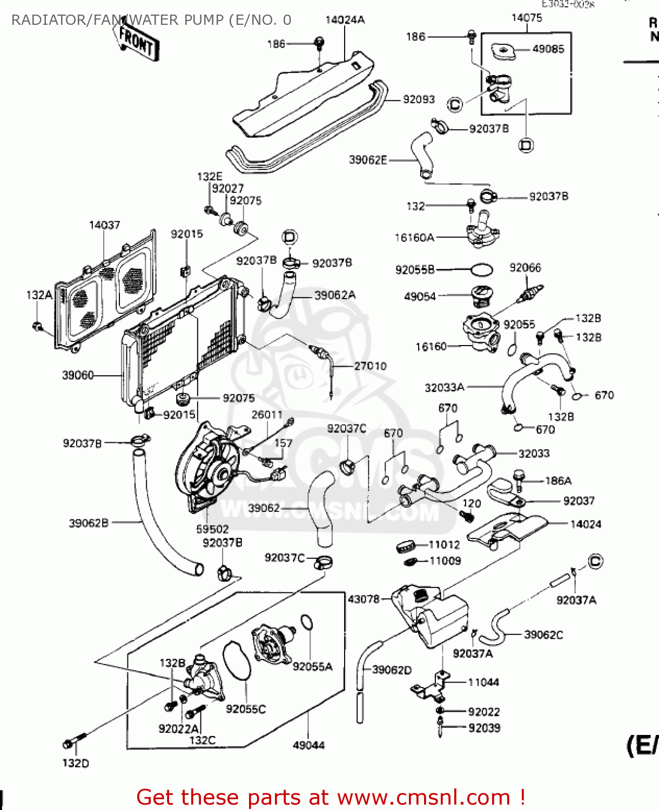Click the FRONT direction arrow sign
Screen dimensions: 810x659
point(137,42)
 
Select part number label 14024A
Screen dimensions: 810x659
point(345,20)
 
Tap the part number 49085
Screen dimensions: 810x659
point(548,49)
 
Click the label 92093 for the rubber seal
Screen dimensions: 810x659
point(419,99)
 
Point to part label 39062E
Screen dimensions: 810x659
point(368,160)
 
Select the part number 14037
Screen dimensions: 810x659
point(104,225)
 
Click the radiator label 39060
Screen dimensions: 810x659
point(78,375)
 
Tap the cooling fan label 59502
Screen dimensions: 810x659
point(212,529)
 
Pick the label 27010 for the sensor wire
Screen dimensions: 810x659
point(370,366)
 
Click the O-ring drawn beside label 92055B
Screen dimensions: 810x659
point(481,269)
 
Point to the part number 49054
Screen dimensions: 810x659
point(420,296)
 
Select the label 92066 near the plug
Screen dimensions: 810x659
point(525,268)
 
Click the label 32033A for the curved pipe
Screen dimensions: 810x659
point(445,387)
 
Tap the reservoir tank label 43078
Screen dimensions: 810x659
point(364,599)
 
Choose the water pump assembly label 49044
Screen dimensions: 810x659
point(308,745)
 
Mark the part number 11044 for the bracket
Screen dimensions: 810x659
point(483,683)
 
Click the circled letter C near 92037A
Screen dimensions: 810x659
point(595,562)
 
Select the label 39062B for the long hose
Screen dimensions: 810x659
point(89,523)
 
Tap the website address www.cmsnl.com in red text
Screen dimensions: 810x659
point(423,797)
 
